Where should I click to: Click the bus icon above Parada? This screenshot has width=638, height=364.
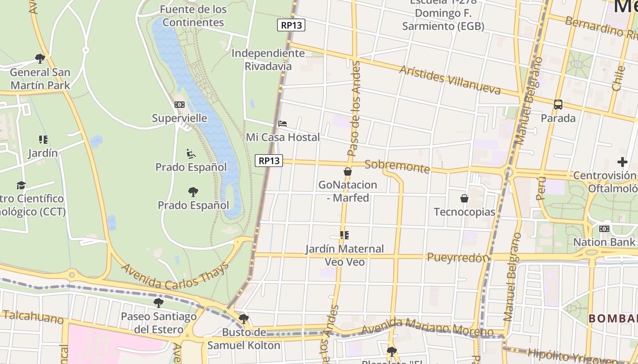pos(558,104)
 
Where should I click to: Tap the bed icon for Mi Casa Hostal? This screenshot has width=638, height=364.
pos(283,123)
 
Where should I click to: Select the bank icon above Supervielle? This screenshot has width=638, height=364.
pos(180,105)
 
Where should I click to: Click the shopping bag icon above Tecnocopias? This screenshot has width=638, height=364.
pos(464,198)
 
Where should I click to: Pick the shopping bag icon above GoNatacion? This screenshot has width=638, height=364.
pos(348,172)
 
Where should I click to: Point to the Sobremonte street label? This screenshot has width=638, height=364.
pos(397,167)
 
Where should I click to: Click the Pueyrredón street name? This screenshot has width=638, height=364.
pos(458,258)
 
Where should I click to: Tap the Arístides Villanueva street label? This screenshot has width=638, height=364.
pos(450,80)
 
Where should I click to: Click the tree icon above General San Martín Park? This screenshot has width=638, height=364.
pos(40,58)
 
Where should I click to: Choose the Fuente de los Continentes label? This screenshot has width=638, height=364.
pos(193,15)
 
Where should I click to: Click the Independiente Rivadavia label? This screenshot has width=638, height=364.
pos(268,60)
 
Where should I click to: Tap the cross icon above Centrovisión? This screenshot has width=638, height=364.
pos(622,162)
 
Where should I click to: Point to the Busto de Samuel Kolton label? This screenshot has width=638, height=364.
pos(244,339)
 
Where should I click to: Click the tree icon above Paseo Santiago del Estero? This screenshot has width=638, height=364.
pos(158,303)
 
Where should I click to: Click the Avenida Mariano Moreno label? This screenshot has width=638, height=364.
pos(427,328)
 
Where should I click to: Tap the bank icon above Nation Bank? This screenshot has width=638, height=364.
pos(604,228)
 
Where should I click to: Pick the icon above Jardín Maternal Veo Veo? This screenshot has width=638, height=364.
pos(345,235)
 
